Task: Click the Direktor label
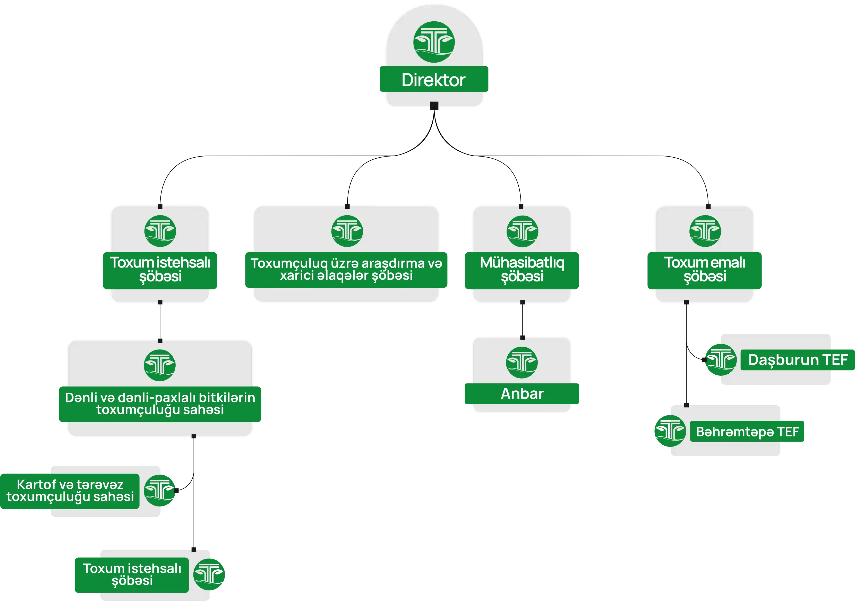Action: coord(433,80)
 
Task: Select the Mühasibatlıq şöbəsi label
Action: coord(522,270)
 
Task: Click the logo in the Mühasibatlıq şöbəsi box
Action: coord(522,231)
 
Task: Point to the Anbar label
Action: coord(522,394)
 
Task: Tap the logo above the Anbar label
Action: coord(522,362)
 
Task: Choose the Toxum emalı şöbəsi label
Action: coord(705,270)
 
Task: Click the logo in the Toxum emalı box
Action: coord(705,231)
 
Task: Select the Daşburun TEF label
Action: coord(798,360)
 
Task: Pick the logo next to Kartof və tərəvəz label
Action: coord(159,491)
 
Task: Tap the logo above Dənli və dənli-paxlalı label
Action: coord(159,365)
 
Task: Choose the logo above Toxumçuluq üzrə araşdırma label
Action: coord(347,231)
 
